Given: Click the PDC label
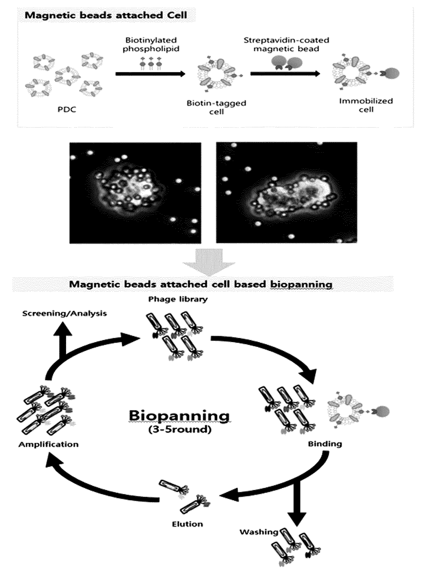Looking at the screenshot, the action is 67,110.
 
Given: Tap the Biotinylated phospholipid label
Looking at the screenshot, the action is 151,44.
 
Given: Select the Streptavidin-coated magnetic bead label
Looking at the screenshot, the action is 286,44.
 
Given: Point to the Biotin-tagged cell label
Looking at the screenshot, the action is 217,107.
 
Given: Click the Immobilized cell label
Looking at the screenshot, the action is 366,105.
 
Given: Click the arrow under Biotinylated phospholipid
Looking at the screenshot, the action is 150,74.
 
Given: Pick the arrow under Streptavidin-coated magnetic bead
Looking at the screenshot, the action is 285,74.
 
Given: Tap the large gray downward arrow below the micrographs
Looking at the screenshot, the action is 209,261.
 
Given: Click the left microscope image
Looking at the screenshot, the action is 135,193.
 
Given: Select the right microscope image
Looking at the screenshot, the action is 287,192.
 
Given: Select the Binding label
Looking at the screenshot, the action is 325,444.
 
